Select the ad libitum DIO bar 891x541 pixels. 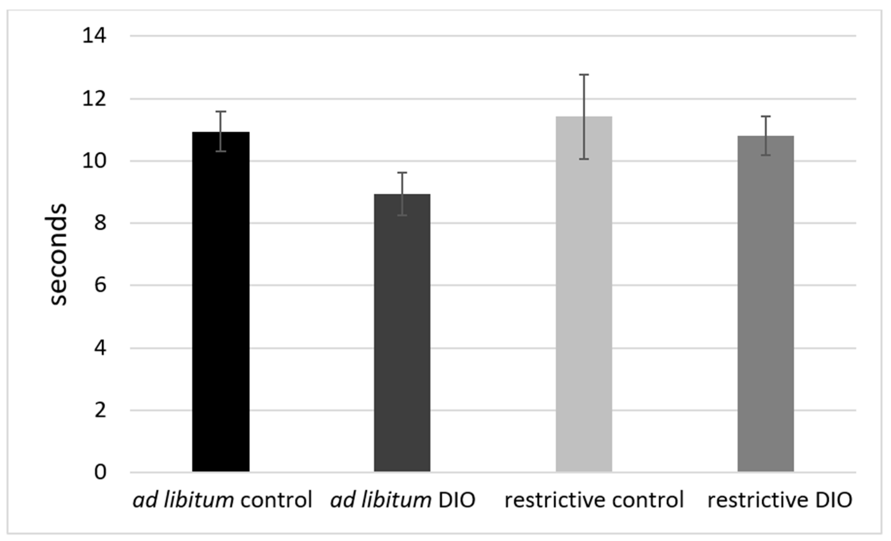(x=402, y=332)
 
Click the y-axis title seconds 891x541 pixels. (x=57, y=255)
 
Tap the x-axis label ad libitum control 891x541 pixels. (x=222, y=500)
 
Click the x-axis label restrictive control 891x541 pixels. (x=594, y=500)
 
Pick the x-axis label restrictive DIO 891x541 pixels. (x=779, y=500)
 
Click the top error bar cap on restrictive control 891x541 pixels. (x=584, y=75)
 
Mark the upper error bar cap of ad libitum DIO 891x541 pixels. (x=402, y=173)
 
